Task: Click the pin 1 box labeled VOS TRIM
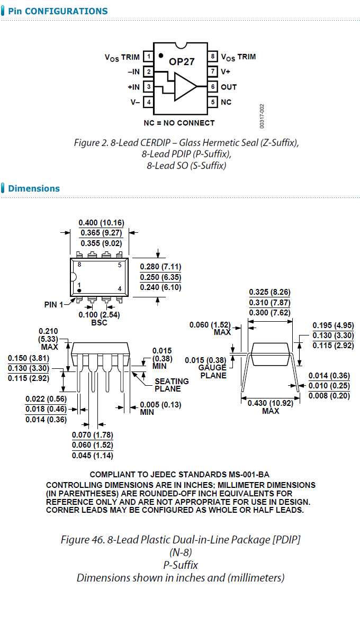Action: tap(149, 57)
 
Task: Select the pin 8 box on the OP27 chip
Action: tap(212, 57)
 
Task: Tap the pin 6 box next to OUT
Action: tap(212, 87)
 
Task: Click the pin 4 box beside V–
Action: tap(149, 102)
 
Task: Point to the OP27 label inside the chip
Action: tap(182, 61)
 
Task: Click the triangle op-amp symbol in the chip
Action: tap(184, 86)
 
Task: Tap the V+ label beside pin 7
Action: tap(226, 71)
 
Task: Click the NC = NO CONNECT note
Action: tap(179, 123)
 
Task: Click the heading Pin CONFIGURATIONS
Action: tap(58, 11)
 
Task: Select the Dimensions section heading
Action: tap(34, 188)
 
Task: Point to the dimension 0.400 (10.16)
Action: tap(101, 223)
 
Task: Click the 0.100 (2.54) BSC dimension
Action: tap(99, 319)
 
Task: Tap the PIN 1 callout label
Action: tap(53, 305)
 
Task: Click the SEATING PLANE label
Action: tap(172, 385)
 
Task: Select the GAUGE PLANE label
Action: tap(213, 371)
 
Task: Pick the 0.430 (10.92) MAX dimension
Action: tap(270, 407)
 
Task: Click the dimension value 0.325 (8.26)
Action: tap(269, 292)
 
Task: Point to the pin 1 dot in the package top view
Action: tap(79, 291)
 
